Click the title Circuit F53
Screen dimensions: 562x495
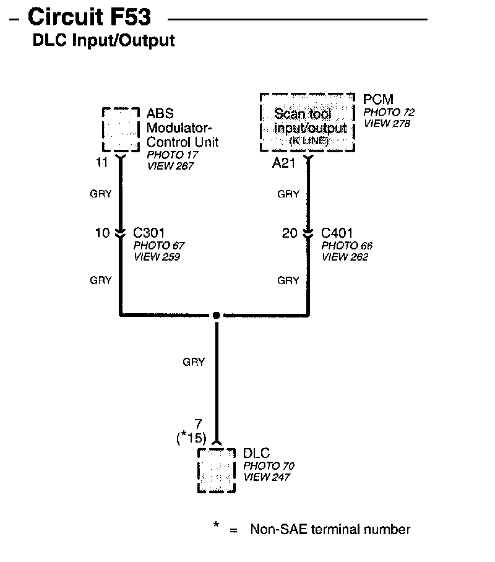pyautogui.click(x=89, y=17)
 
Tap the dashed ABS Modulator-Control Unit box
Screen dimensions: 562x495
pyautogui.click(x=120, y=129)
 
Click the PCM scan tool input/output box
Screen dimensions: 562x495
pyautogui.click(x=308, y=122)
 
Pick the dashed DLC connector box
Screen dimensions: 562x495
pyautogui.click(x=216, y=470)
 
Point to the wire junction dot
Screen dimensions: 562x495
pyautogui.click(x=216, y=316)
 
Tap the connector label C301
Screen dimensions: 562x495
pyautogui.click(x=148, y=233)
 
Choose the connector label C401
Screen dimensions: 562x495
pyautogui.click(x=337, y=233)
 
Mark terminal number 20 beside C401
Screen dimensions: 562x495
pyautogui.click(x=290, y=233)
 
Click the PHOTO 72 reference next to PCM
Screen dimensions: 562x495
pyautogui.click(x=389, y=113)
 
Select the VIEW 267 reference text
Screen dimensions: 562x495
pyautogui.click(x=170, y=166)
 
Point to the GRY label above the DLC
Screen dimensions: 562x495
pyautogui.click(x=194, y=362)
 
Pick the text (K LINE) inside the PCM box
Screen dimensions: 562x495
pyautogui.click(x=308, y=141)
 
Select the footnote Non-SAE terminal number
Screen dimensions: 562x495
pyautogui.click(x=330, y=530)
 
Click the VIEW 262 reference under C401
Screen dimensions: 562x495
pyautogui.click(x=345, y=257)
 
